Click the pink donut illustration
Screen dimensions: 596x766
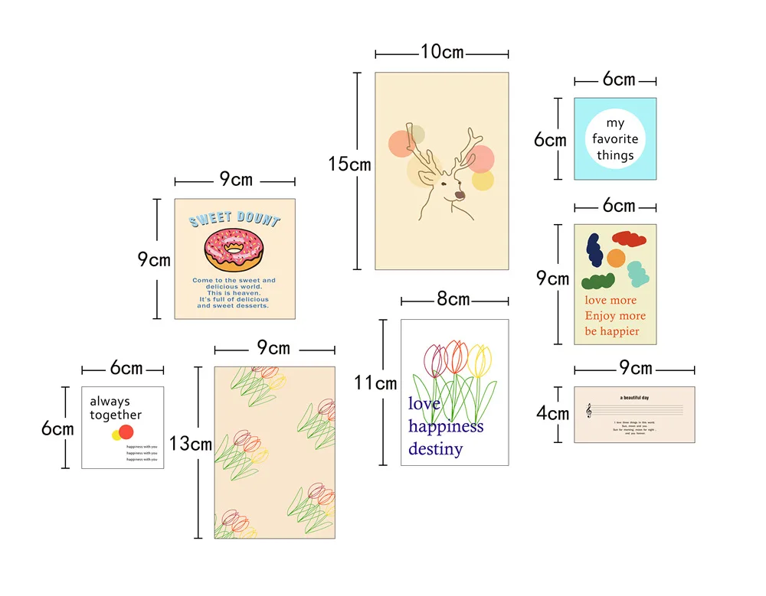(x=234, y=249)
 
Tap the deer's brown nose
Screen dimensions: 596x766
(x=459, y=195)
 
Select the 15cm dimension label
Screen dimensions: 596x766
(x=349, y=164)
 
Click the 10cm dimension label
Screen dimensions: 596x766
(x=442, y=52)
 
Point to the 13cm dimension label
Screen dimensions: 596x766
(x=190, y=444)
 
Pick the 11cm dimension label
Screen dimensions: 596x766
(x=375, y=383)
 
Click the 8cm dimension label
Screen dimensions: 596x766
(x=453, y=299)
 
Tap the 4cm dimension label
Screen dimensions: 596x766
(x=552, y=414)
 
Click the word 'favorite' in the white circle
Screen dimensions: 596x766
(x=615, y=139)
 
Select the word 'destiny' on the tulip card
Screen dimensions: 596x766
(x=435, y=449)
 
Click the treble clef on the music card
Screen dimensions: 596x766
(x=588, y=412)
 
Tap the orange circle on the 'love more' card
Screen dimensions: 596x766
(x=616, y=257)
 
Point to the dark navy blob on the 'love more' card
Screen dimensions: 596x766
(x=594, y=249)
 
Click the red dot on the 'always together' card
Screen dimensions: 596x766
(x=126, y=432)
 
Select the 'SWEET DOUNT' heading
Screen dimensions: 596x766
(x=234, y=219)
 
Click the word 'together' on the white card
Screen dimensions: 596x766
(x=116, y=415)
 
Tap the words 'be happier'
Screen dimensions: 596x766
(x=611, y=331)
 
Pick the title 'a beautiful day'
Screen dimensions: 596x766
(x=634, y=398)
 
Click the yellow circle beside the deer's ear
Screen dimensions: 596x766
(x=483, y=181)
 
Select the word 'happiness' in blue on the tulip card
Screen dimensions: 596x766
(x=446, y=426)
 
